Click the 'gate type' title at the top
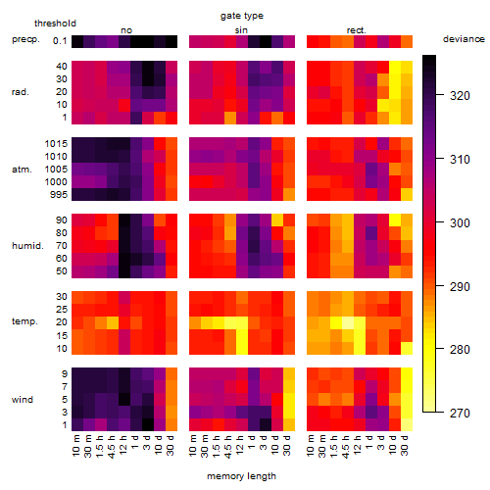coord(242,16)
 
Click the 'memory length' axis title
coord(242,476)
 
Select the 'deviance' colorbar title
coord(464,39)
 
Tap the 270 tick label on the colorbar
coord(460,414)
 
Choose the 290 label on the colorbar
coord(460,286)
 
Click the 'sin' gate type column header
coord(241,30)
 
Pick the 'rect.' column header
coord(357,30)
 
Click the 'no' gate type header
coord(126,30)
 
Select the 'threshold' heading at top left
coord(55,24)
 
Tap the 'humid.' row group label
coord(27,246)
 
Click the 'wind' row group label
coord(23,400)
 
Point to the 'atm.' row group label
coord(22,170)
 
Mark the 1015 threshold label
coord(56,144)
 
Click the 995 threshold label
coord(59,195)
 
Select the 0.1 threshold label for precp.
coord(60,41)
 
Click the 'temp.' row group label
coord(24,321)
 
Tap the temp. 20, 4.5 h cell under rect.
coord(348,322)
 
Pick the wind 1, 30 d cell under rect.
coord(407,424)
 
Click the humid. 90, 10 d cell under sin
coord(277,220)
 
